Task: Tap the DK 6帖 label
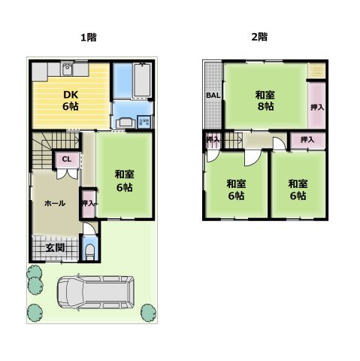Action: coord(71,100)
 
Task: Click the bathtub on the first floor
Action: coord(143,80)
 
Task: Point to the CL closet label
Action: coord(66,159)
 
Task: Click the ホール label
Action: coord(54,203)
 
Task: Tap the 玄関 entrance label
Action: coord(54,247)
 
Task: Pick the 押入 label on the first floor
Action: coord(88,204)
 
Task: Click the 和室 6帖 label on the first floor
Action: coord(124,180)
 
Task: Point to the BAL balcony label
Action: coord(213,96)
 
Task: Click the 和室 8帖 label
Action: coord(264,101)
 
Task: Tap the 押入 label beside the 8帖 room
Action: coord(318,108)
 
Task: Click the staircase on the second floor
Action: coord(234,138)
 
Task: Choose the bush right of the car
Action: coord(147,311)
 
